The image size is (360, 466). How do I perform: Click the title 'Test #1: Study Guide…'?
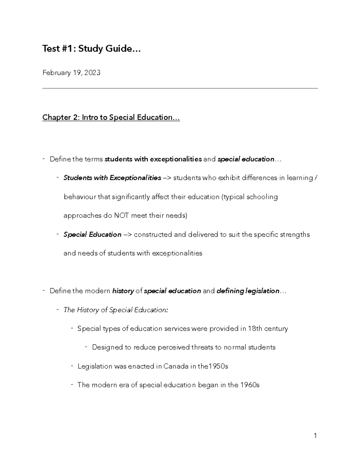[x=91, y=49]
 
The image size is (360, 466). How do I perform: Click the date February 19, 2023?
[x=71, y=73]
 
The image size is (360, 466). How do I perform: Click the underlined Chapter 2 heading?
[x=111, y=117]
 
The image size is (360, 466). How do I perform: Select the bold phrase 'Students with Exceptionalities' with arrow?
[x=112, y=178]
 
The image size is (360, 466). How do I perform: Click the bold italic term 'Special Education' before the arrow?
[x=92, y=234]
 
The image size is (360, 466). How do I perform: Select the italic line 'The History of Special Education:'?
[x=115, y=310]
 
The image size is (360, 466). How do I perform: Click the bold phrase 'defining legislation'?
[x=248, y=291]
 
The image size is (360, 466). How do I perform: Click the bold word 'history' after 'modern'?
[x=123, y=291]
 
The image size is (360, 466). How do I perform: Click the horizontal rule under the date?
[x=180, y=89]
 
